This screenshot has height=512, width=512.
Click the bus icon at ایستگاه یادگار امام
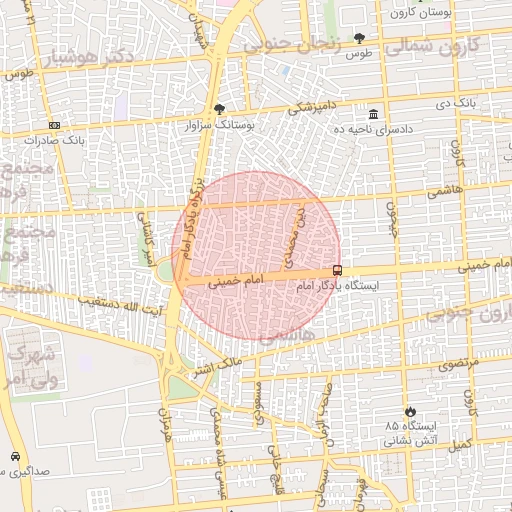[337, 270]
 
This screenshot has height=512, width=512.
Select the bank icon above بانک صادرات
[53, 126]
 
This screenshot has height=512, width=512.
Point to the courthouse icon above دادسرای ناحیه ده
[373, 113]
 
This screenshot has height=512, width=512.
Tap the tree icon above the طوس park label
[359, 38]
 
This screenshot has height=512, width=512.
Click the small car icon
[15, 457]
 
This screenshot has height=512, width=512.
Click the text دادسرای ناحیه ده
[373, 129]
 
